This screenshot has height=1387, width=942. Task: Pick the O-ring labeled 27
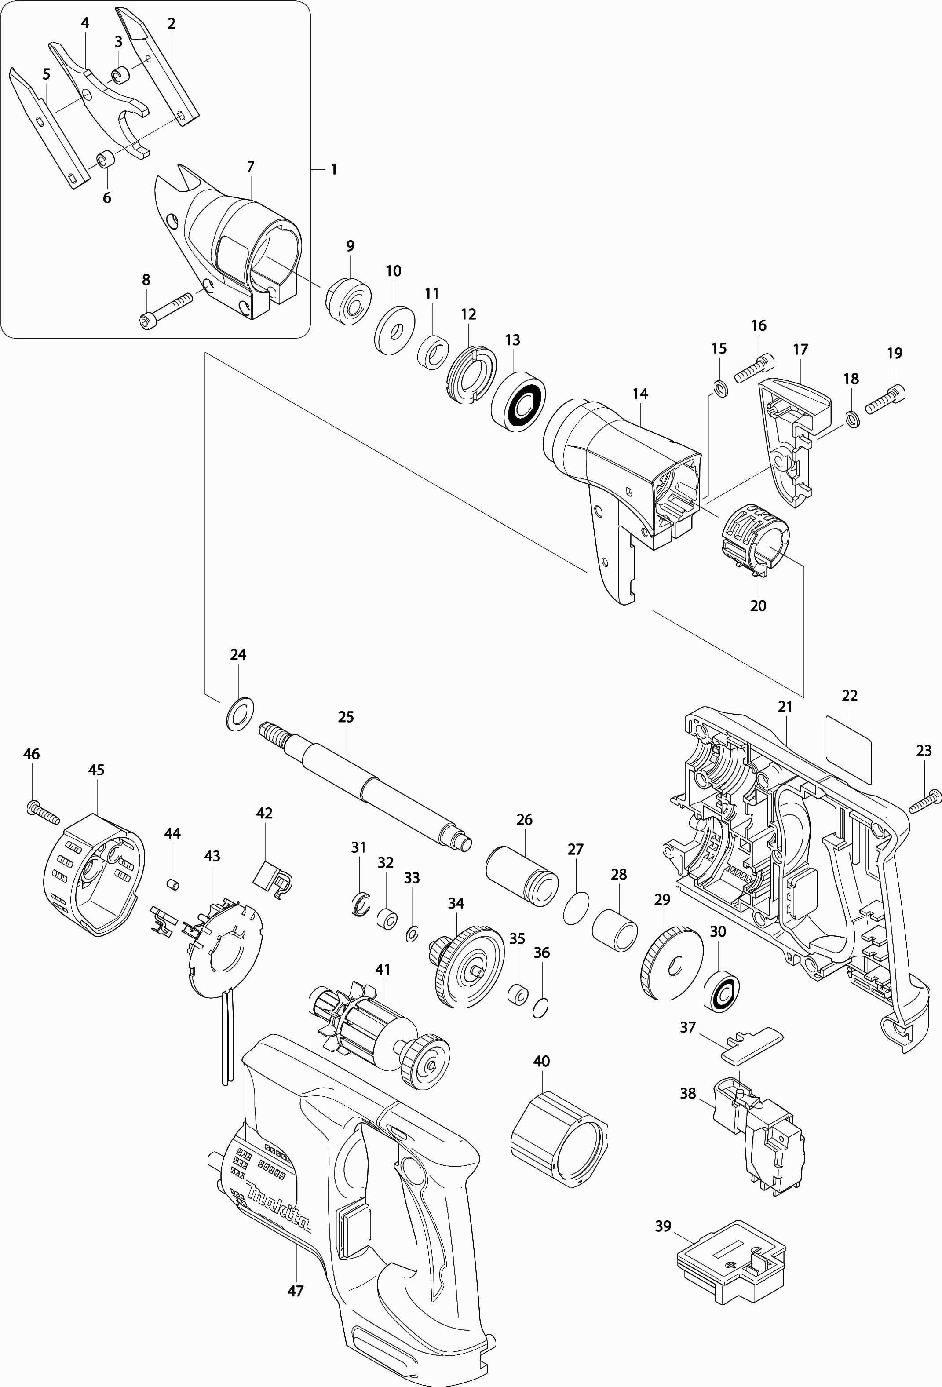[x=576, y=909]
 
